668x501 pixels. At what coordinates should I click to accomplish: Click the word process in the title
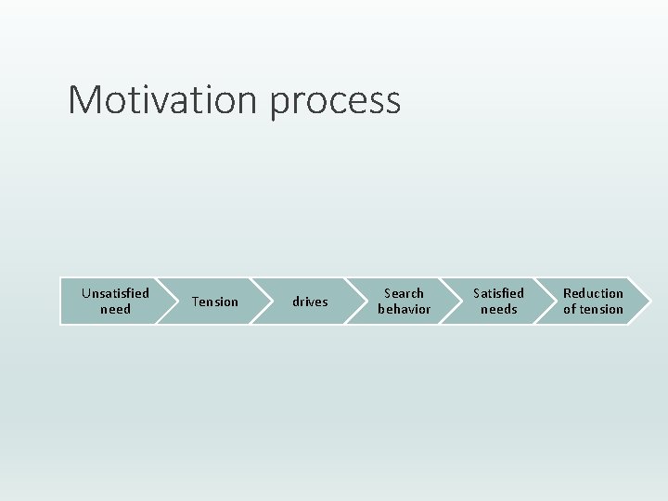[x=335, y=102]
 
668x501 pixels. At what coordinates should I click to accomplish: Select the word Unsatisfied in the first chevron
[x=115, y=293]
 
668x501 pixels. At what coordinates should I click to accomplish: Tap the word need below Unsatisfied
[x=115, y=309]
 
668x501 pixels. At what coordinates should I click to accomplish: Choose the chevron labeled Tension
[x=214, y=302]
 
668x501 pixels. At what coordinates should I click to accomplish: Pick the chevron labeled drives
[x=310, y=302]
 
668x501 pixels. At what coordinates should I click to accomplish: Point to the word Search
[x=404, y=293]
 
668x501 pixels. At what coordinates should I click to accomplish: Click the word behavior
[x=404, y=309]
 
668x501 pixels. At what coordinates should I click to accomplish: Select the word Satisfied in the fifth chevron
[x=498, y=293]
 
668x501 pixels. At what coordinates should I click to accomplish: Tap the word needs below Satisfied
[x=498, y=309]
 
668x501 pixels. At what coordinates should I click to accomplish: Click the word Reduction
[x=593, y=293]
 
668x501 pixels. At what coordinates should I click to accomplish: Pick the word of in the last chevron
[x=569, y=309]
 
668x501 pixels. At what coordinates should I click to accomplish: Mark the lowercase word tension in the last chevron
[x=601, y=309]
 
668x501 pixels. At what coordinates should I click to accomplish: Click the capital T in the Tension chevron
[x=195, y=302]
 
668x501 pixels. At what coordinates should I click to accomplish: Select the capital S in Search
[x=388, y=293]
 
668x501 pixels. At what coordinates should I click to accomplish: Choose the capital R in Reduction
[x=568, y=293]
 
